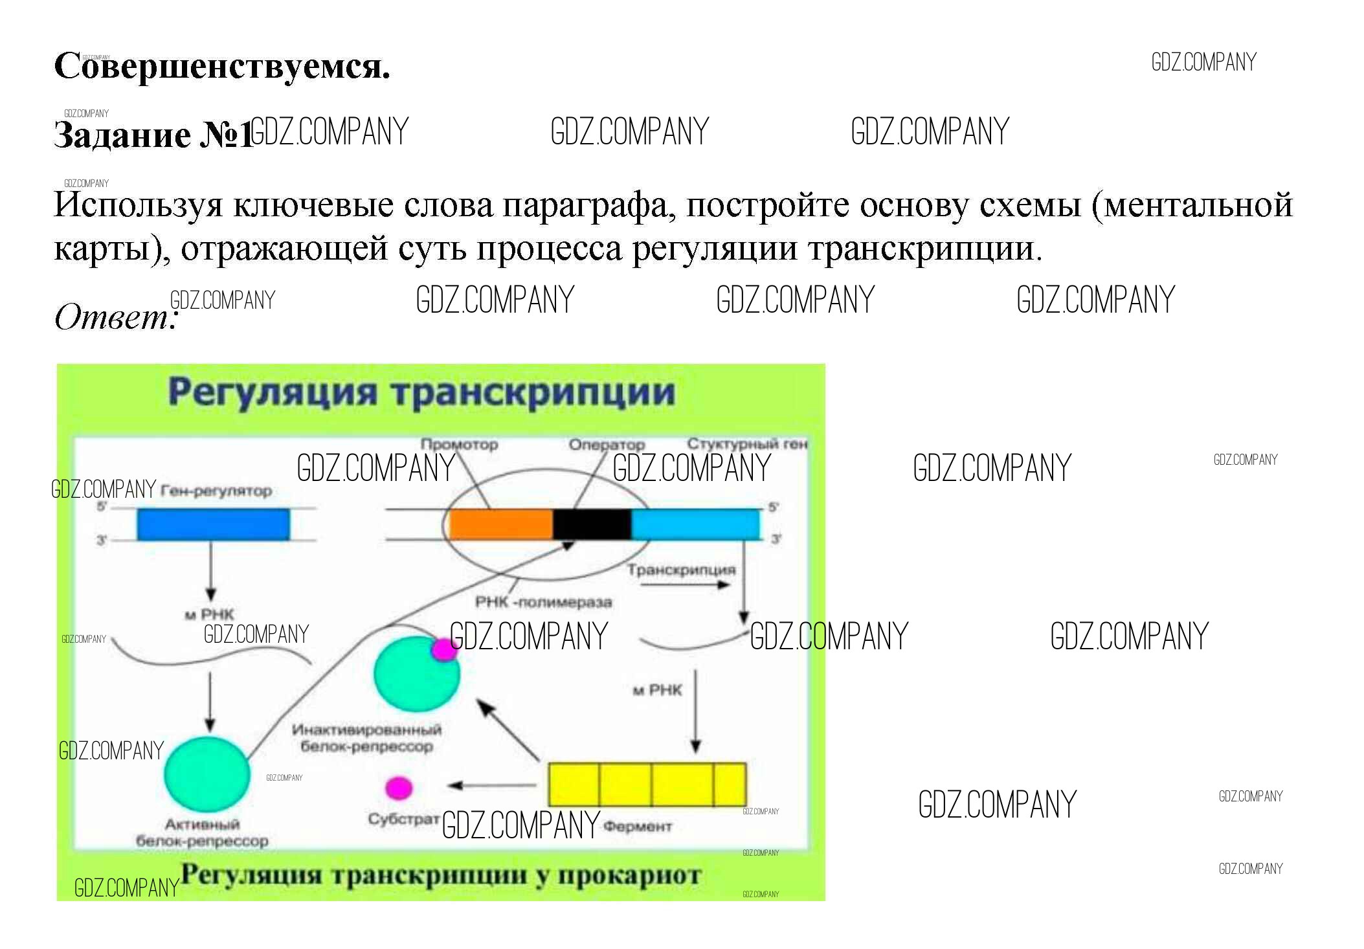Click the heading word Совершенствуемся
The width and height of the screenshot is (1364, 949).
coord(222,67)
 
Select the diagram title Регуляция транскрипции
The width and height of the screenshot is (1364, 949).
coord(421,392)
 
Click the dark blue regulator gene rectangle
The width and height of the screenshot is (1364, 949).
coord(213,524)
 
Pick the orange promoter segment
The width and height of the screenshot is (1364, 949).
coord(500,524)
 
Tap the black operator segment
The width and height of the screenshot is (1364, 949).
coord(592,524)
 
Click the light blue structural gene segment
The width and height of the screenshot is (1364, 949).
coord(695,524)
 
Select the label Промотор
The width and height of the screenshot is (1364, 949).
coord(459,445)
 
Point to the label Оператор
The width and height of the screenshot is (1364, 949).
coord(607,445)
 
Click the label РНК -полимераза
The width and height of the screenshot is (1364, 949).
coord(543,602)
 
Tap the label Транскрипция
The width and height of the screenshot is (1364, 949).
coord(681,570)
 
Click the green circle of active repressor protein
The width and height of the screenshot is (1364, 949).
coord(207,774)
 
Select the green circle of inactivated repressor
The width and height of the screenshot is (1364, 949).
coord(414,675)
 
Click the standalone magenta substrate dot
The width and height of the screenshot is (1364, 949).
coord(399,788)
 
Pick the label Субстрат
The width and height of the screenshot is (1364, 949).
coord(403,819)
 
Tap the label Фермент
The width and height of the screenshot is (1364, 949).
coord(637,827)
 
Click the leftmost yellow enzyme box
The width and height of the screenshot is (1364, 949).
coord(574,785)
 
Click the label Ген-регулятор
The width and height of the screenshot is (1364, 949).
coord(216,491)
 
